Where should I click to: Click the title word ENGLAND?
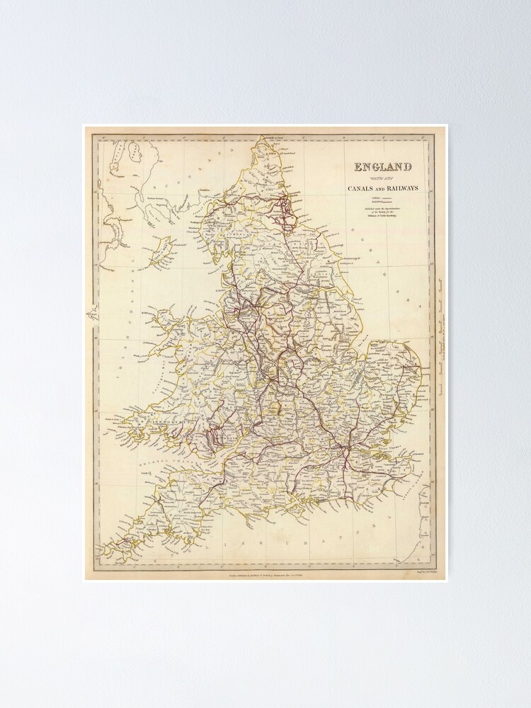click(x=383, y=168)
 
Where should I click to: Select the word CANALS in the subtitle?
click(x=362, y=188)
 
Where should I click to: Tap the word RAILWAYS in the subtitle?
click(x=399, y=188)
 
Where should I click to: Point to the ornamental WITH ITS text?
click(x=383, y=178)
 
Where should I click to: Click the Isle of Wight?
click(x=312, y=505)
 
